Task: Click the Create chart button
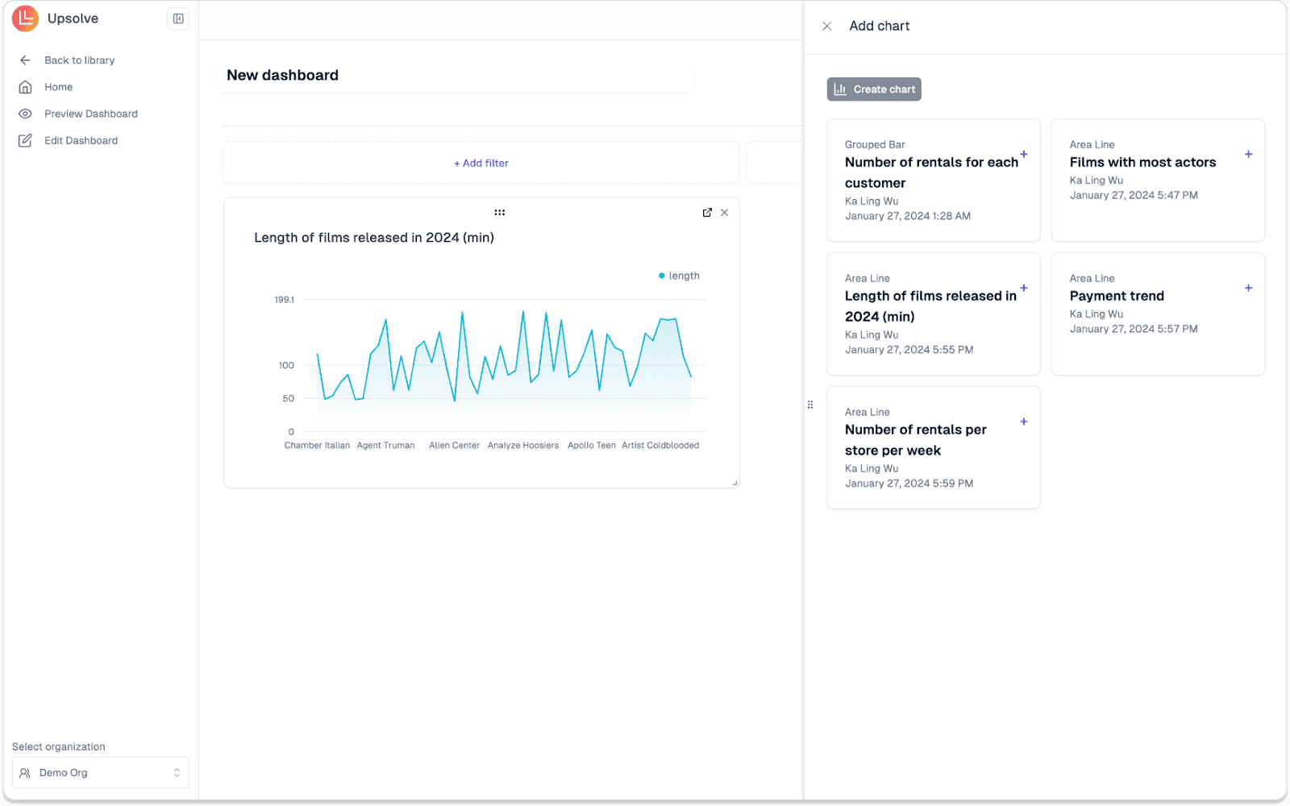coord(874,89)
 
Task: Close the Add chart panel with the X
coord(826,27)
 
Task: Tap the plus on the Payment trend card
coord(1248,288)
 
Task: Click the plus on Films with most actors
coord(1248,154)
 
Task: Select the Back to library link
coord(79,60)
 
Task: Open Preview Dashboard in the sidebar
coord(90,114)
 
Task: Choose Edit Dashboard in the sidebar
coord(81,140)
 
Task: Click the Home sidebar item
coord(58,87)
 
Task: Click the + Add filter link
coord(481,163)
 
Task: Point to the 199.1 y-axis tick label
coord(285,300)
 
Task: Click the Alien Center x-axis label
coord(454,446)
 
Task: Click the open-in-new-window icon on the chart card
coord(707,213)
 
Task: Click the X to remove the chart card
coord(724,213)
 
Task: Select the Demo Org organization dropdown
coord(101,772)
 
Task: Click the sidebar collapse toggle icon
coord(178,19)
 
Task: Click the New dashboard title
coord(283,76)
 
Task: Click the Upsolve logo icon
coord(25,19)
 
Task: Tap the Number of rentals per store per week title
coord(915,440)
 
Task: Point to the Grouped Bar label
coord(875,145)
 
